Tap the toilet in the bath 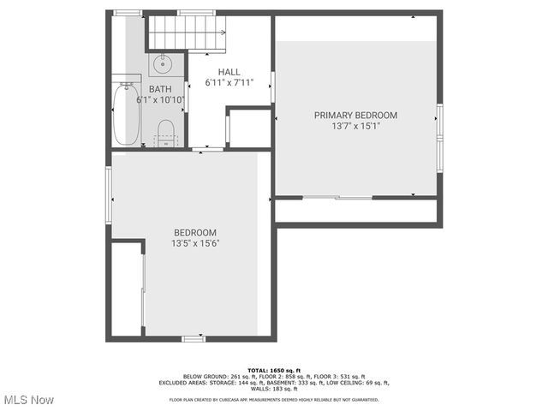pos(166,132)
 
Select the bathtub pos(126,114)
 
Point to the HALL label pos(229,72)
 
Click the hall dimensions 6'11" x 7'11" pos(229,83)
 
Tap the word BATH pos(160,89)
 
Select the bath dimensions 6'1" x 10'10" pos(160,100)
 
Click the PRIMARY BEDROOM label pos(355,115)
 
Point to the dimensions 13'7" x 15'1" pos(355,126)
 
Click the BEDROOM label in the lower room pos(195,232)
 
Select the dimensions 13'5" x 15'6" pos(195,243)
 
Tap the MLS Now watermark pos(28,400)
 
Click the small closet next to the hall pos(250,128)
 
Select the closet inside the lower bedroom pos(126,289)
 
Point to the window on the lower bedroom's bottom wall pos(194,339)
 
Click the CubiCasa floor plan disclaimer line pos(273,399)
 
